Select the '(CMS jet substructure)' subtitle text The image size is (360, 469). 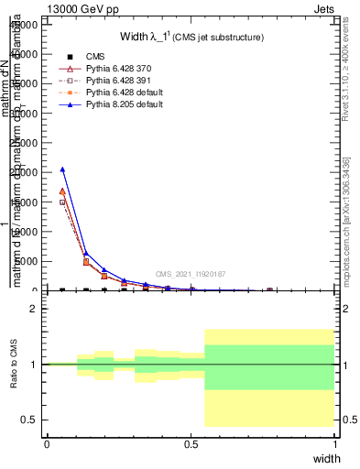pyautogui.click(x=219, y=38)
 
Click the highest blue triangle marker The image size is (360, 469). pyautogui.click(x=62, y=169)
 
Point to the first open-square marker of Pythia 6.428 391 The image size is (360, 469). pyautogui.click(x=62, y=202)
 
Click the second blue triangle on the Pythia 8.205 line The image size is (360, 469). pyautogui.click(x=86, y=254)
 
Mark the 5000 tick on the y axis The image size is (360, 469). pyautogui.click(x=29, y=261)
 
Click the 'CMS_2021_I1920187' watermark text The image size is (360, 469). pyautogui.click(x=191, y=274)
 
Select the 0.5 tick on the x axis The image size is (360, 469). pyautogui.click(x=191, y=443)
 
